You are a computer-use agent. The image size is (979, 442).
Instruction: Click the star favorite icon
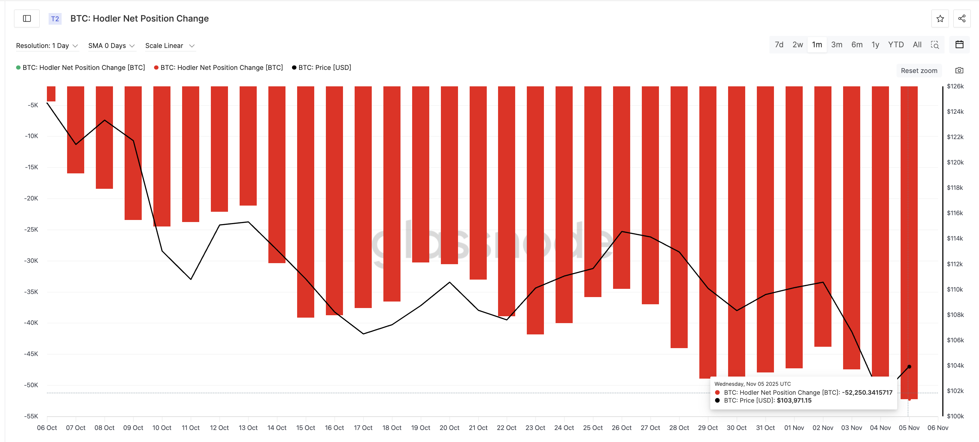pyautogui.click(x=940, y=19)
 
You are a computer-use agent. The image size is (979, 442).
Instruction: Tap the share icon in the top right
pyautogui.click(x=962, y=19)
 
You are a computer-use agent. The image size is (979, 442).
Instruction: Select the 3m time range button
pyautogui.click(x=837, y=45)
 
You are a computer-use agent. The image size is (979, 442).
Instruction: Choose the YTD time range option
pyautogui.click(x=895, y=45)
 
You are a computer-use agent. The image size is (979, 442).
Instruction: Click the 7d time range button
pyautogui.click(x=779, y=45)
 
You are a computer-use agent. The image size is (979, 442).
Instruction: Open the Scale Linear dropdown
pyautogui.click(x=169, y=46)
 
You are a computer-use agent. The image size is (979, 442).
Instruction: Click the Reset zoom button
pyautogui.click(x=918, y=71)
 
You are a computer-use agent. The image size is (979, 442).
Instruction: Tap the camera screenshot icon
pyautogui.click(x=959, y=70)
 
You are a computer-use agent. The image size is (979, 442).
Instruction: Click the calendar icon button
pyautogui.click(x=959, y=45)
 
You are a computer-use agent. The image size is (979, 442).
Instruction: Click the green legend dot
pyautogui.click(x=18, y=68)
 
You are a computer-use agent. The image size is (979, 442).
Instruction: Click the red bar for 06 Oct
pyautogui.click(x=51, y=94)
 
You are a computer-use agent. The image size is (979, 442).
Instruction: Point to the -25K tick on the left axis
pyautogui.click(x=31, y=229)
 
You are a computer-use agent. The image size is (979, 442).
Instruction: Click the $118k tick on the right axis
pyautogui.click(x=955, y=187)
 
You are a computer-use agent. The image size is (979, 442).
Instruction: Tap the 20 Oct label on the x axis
pyautogui.click(x=449, y=428)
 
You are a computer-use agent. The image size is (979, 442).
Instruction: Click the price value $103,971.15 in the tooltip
pyautogui.click(x=793, y=400)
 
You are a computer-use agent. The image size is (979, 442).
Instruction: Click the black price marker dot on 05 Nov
pyautogui.click(x=909, y=367)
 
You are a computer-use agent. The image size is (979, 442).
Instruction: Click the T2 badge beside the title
pyautogui.click(x=55, y=19)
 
